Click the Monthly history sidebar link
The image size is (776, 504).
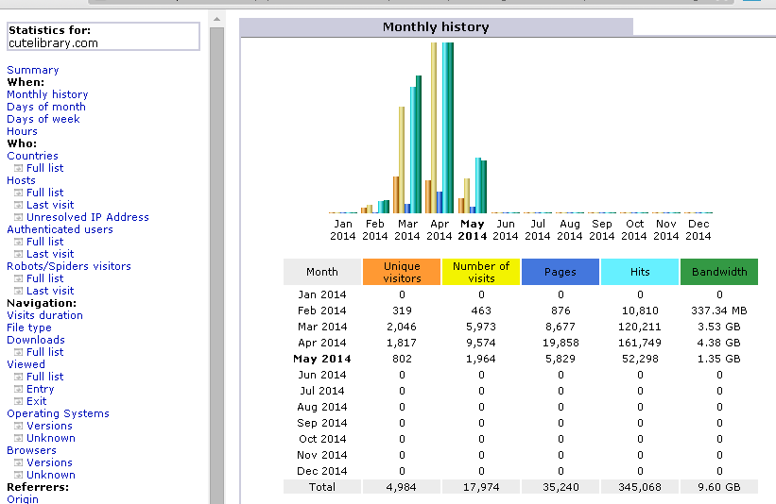47,94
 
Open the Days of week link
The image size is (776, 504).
43,119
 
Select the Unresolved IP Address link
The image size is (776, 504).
88,217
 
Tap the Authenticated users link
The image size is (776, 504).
60,229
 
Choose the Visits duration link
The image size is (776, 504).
44,315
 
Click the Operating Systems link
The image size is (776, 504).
58,413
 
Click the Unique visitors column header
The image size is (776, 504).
402,272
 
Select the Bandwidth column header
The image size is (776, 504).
719,272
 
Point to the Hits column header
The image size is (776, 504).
640,272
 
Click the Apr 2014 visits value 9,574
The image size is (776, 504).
481,343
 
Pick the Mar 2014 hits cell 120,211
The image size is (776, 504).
639,327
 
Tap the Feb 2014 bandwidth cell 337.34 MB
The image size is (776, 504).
719,311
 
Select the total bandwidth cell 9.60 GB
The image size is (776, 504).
719,487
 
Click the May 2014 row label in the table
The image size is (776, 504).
322,359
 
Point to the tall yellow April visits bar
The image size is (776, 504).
434,128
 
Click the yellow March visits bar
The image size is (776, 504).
402,160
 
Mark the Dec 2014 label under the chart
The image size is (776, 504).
698,229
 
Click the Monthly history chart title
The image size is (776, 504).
436,26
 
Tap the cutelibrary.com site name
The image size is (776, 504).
54,43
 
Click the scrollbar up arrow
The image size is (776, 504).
216,19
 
